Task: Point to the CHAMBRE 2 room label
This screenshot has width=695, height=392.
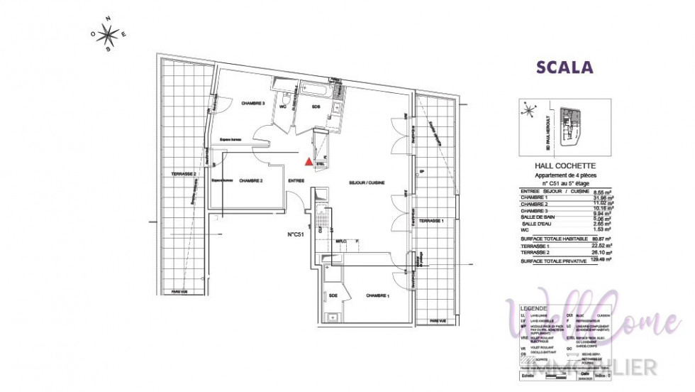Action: click(250, 182)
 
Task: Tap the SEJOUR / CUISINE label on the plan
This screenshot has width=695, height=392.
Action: click(367, 183)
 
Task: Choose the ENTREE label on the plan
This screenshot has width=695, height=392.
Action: click(296, 181)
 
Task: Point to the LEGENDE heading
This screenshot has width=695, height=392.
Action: click(535, 307)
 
